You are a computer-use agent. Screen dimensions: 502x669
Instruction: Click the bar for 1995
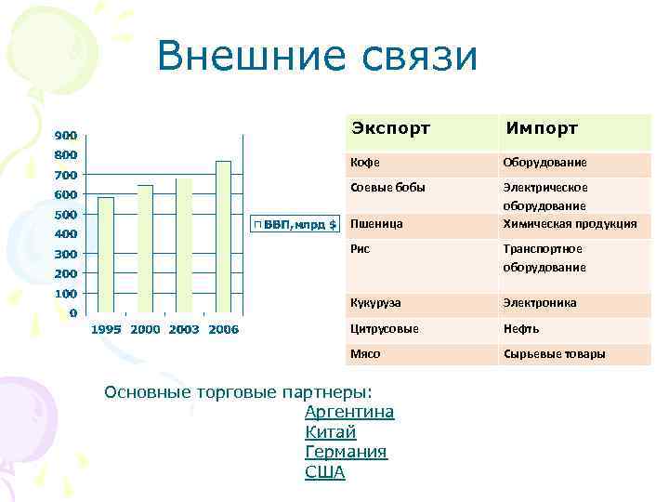(x=106, y=255)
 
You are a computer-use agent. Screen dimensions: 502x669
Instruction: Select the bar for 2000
(x=145, y=249)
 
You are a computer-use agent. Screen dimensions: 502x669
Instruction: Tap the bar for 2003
(x=184, y=245)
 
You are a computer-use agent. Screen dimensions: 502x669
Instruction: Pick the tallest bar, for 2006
(x=223, y=237)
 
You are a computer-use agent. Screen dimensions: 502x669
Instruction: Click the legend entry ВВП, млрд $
(x=296, y=224)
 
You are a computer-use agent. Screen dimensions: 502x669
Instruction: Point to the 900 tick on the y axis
(x=64, y=135)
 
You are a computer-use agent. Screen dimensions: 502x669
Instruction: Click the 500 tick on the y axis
(x=64, y=215)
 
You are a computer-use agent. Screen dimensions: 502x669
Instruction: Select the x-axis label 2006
(x=223, y=330)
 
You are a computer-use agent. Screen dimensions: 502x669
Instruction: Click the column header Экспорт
(x=390, y=128)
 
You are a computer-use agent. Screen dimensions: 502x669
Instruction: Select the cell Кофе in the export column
(x=364, y=163)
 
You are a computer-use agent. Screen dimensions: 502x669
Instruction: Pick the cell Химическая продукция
(x=570, y=223)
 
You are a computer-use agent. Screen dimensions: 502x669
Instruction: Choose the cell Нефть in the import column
(x=521, y=328)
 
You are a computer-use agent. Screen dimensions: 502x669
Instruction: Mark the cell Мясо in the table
(x=365, y=354)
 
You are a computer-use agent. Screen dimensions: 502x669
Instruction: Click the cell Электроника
(x=540, y=303)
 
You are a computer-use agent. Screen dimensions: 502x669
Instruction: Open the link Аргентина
(x=349, y=412)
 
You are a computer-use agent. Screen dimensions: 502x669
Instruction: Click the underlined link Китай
(x=330, y=432)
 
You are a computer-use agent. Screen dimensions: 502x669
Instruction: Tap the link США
(x=324, y=472)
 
